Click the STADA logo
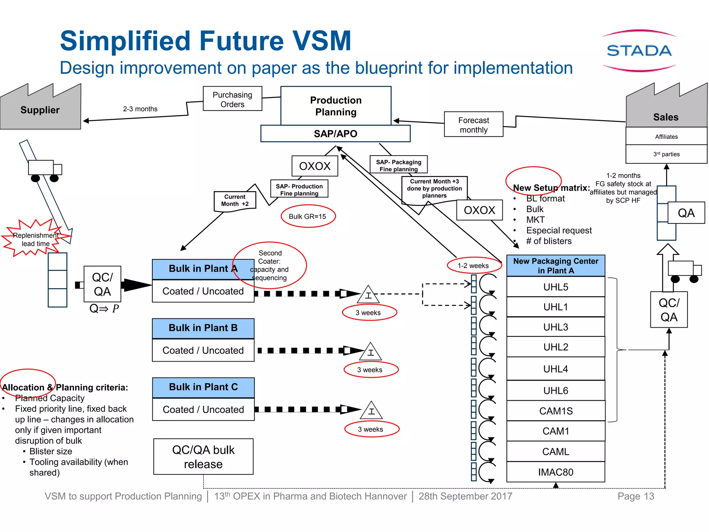click(639, 51)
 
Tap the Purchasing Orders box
click(232, 99)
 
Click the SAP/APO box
click(335, 134)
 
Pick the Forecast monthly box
click(473, 125)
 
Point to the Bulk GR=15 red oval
click(308, 216)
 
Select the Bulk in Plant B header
click(203, 328)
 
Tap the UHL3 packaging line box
click(556, 327)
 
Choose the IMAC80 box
click(556, 472)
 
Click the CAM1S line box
click(556, 411)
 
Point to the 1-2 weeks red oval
click(473, 266)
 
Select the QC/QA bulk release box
click(203, 457)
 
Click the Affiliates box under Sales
click(666, 136)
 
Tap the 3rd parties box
click(666, 154)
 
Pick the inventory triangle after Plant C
click(371, 411)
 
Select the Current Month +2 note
click(235, 201)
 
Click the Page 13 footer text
click(636, 496)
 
